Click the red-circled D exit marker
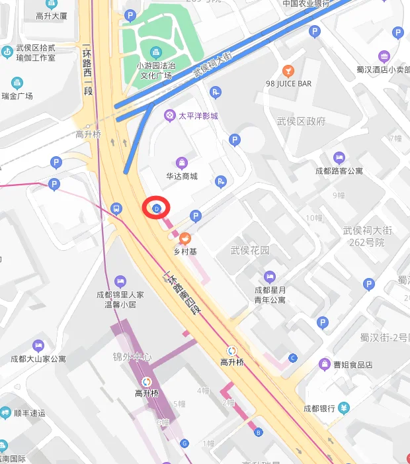coord(157,209)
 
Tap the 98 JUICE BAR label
coord(288,84)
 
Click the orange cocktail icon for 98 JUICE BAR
coord(288,70)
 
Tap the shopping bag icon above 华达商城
coord(181,163)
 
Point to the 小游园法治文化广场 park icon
coord(155,52)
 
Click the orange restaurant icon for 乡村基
coord(185,238)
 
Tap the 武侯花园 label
coord(250,250)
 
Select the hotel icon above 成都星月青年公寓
coord(270,277)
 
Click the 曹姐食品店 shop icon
coord(325,364)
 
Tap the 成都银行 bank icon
coord(344,408)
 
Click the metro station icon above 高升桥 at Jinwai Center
coord(146,381)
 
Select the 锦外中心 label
coord(132,357)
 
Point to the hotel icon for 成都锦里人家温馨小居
coord(120,281)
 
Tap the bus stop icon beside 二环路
coord(116,209)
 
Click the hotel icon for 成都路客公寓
coord(339,158)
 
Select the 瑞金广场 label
coord(17,96)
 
